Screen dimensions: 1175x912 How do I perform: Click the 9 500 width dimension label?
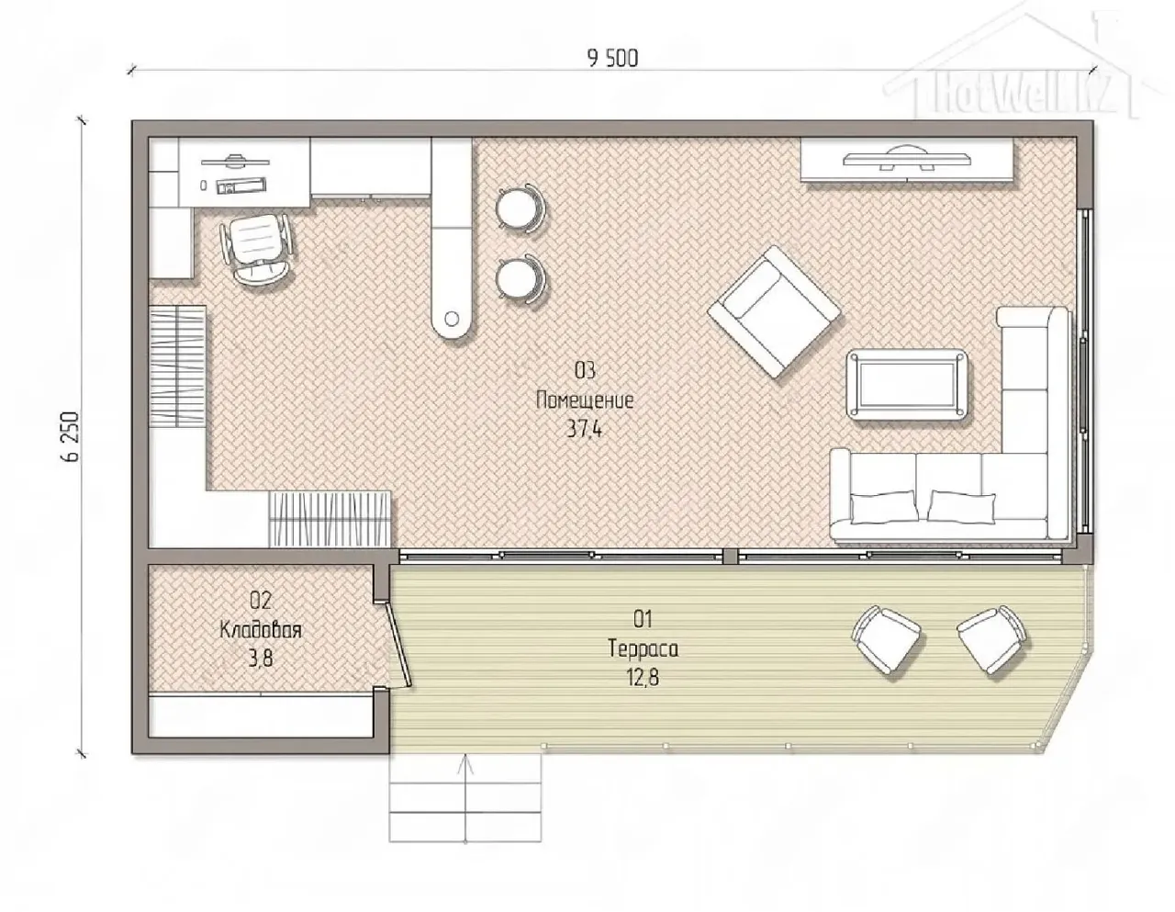click(612, 59)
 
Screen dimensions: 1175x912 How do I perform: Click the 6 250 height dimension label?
click(71, 436)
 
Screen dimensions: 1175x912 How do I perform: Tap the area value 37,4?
click(584, 429)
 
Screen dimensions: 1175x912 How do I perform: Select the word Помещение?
click(585, 400)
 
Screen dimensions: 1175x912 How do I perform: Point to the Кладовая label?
click(261, 630)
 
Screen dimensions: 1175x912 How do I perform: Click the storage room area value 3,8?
click(261, 659)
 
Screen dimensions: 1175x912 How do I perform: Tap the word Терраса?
click(643, 648)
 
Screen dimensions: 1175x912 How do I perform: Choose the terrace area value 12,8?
click(643, 677)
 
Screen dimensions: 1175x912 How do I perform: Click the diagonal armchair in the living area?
click(775, 312)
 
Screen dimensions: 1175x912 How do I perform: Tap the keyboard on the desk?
click(241, 186)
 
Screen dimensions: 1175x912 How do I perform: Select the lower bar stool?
click(520, 279)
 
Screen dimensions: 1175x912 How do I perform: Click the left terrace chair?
click(886, 639)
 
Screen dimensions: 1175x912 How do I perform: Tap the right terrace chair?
click(991, 639)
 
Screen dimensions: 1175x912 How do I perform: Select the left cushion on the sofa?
click(884, 507)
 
